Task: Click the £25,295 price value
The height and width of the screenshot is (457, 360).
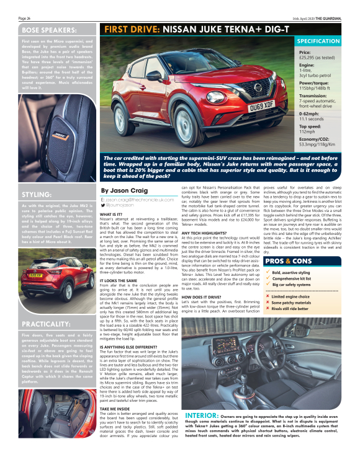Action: point(313,58)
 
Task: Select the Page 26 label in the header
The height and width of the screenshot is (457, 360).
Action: point(25,19)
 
